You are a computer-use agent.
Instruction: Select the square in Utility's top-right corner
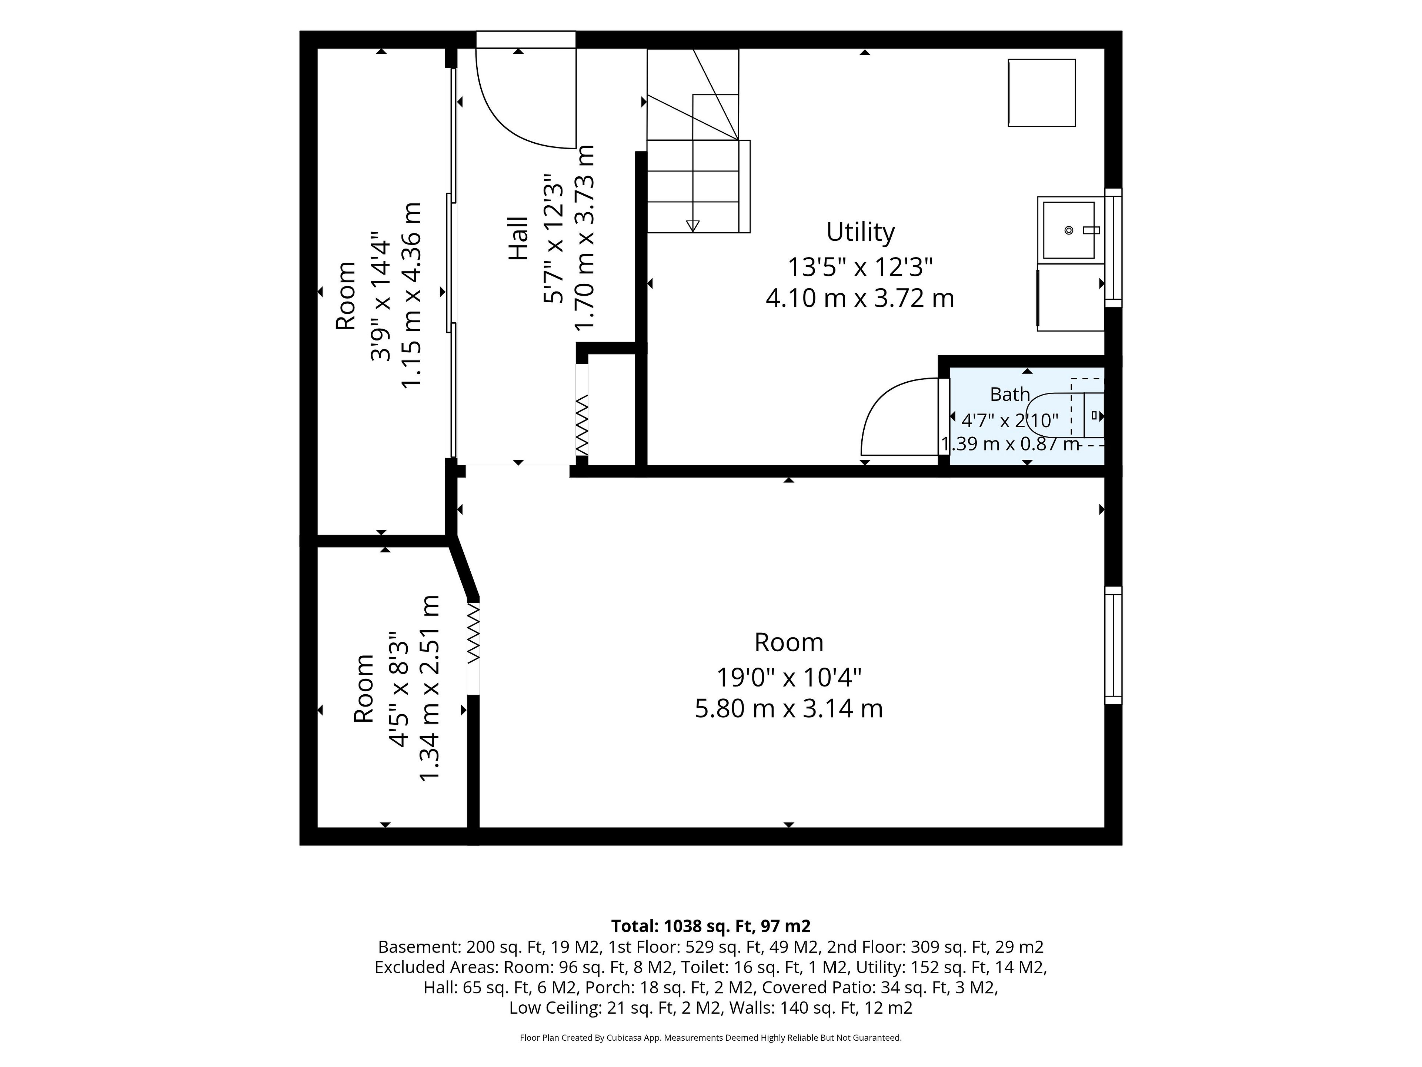1041,93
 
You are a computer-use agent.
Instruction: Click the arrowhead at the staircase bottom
692,225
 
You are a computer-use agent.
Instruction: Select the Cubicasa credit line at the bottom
710,1037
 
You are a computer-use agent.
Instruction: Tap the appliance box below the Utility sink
1070,297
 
